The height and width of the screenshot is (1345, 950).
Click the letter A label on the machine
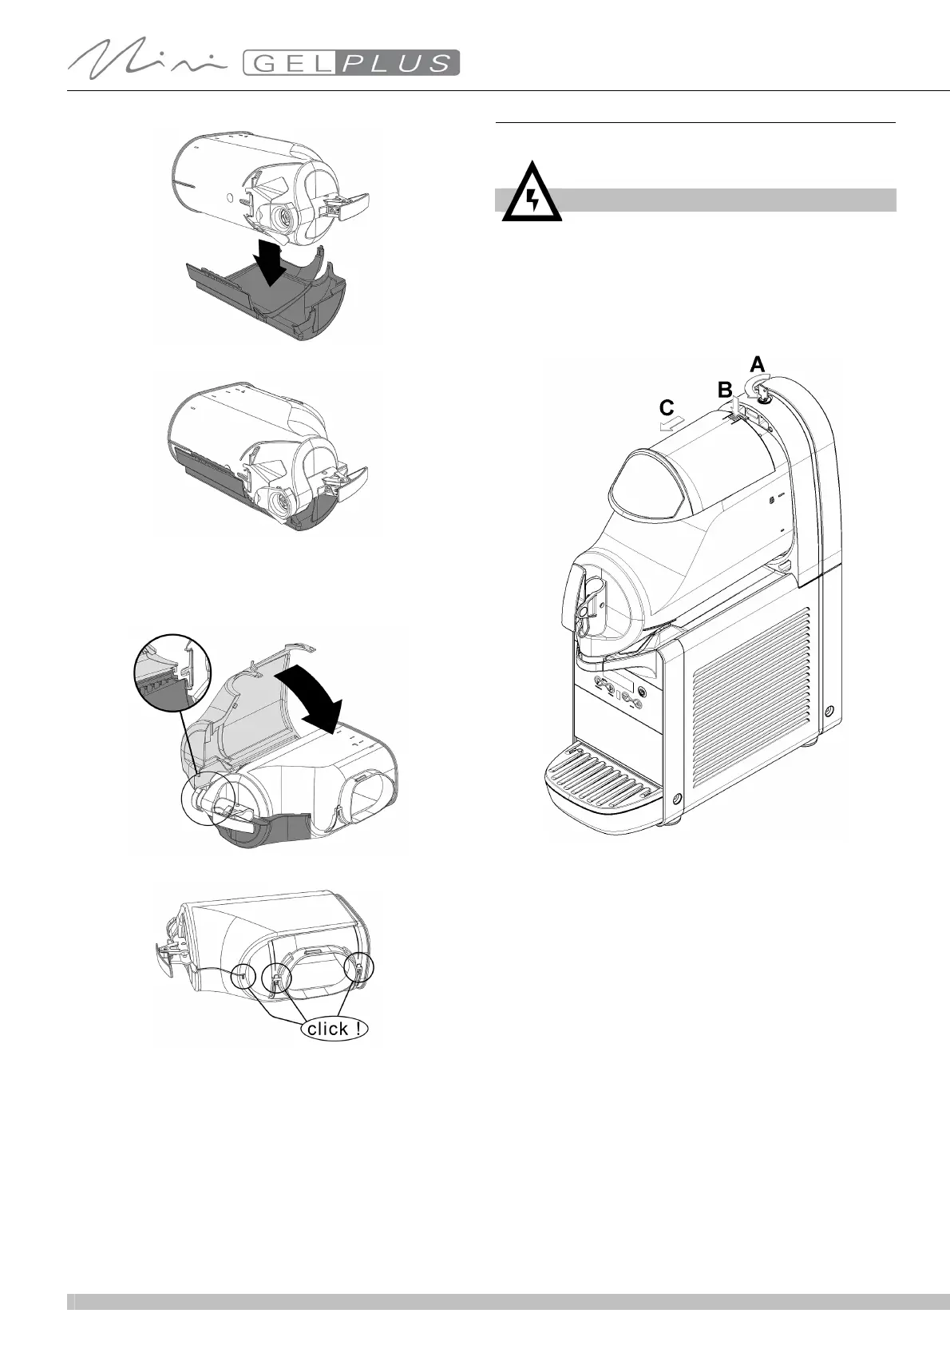click(758, 364)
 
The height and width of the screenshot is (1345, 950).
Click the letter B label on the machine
click(725, 391)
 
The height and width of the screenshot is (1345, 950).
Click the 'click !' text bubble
click(336, 1029)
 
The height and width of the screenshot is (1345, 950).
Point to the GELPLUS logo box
click(350, 62)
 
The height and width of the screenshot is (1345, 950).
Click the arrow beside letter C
click(671, 427)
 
